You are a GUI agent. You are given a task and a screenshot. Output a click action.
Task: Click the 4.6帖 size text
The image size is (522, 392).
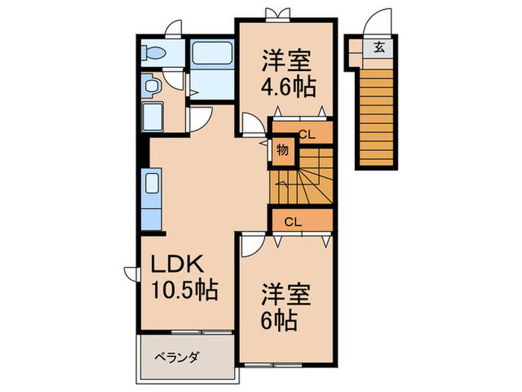[x=287, y=85]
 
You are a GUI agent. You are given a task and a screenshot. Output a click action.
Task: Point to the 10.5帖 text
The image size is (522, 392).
[x=185, y=290]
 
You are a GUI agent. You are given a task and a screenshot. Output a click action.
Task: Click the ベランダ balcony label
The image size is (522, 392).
[x=177, y=357]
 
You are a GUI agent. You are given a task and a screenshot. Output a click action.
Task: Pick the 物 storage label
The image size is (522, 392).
[x=283, y=149]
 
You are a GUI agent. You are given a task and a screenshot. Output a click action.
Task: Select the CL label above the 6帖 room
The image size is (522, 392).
[x=293, y=221]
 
